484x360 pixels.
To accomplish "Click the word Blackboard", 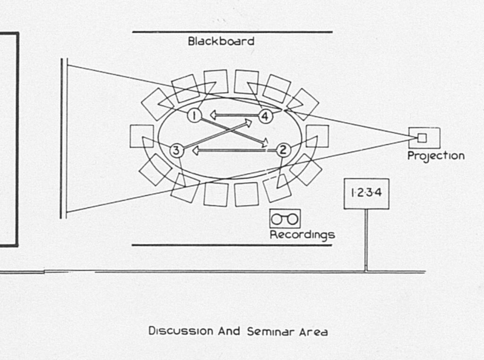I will tap(221, 41).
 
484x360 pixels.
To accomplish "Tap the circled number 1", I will tap(194, 114).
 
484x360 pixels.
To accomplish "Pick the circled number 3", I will tap(176, 151).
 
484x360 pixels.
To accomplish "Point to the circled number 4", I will tap(266, 115).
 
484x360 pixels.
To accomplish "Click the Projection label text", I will tap(436, 156).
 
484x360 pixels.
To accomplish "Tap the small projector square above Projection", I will tap(422, 137).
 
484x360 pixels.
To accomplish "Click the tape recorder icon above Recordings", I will tap(285, 219).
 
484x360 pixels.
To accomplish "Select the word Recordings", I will tap(302, 235).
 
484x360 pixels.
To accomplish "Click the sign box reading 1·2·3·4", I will tap(366, 193).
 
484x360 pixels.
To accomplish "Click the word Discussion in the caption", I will tap(181, 331).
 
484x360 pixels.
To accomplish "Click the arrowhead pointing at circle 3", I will tap(195, 151).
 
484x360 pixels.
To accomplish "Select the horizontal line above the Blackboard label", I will tap(232, 32).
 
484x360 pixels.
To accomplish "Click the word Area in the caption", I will tap(313, 331).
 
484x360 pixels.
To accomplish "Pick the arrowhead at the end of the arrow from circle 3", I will tap(249, 123).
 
